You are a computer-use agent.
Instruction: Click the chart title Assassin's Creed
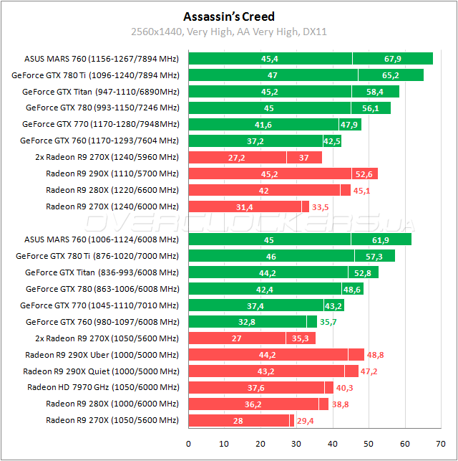pos(228,16)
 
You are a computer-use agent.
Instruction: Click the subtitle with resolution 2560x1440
pos(228,32)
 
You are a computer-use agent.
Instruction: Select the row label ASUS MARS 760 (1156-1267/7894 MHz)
pos(101,58)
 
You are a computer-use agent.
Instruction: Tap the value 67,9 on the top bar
pos(392,58)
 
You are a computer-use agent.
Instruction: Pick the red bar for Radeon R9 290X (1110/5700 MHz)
pos(283,174)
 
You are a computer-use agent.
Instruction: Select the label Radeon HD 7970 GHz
pos(103,387)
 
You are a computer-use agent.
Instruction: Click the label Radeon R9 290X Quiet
pos(101,371)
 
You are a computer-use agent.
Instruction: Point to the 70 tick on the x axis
pos(441,443)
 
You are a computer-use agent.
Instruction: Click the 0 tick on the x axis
pos(188,443)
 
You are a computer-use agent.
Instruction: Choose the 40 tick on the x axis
pos(333,443)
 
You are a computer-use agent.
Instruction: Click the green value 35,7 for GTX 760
pos(328,322)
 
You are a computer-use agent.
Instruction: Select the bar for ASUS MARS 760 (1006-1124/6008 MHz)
pos(299,239)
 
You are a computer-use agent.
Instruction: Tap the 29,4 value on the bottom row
pos(306,420)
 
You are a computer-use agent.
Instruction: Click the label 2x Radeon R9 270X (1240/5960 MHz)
pos(107,157)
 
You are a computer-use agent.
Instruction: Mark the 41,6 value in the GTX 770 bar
pos(263,124)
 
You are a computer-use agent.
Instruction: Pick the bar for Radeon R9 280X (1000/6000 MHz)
pos(258,404)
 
